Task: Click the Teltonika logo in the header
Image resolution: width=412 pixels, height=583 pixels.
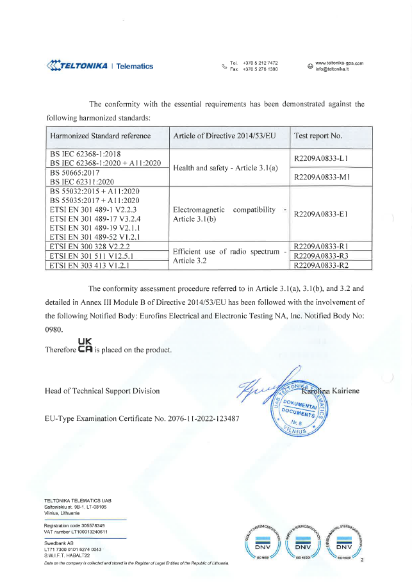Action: click(x=99, y=65)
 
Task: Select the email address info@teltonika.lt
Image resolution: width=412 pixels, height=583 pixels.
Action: click(x=332, y=69)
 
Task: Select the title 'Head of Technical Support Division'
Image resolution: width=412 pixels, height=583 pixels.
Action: click(x=102, y=391)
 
